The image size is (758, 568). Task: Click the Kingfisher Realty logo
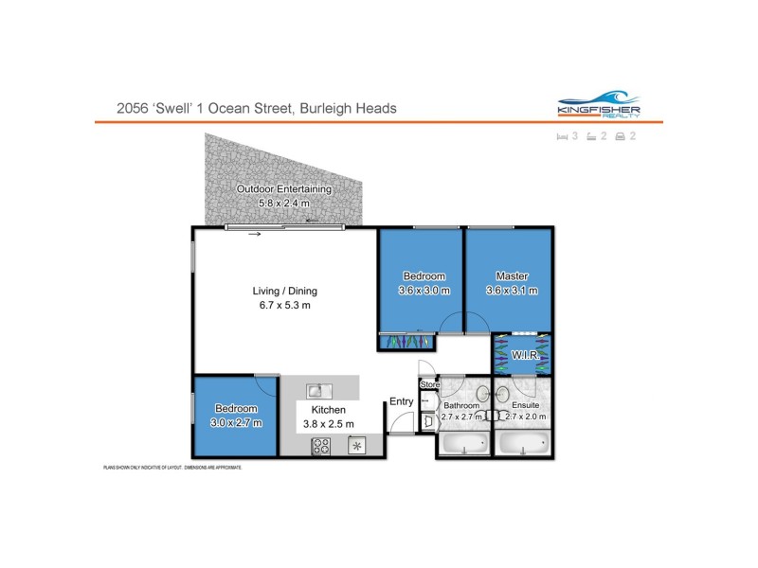(x=598, y=106)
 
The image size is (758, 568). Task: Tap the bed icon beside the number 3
(x=562, y=136)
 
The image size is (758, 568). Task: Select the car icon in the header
(x=621, y=136)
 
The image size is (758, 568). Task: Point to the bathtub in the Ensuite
(x=522, y=443)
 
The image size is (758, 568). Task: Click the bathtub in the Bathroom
(x=465, y=443)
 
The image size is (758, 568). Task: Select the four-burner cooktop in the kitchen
(x=321, y=446)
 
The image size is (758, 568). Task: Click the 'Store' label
(x=430, y=385)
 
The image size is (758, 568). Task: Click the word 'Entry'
(x=401, y=401)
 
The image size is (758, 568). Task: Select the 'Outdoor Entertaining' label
(x=284, y=189)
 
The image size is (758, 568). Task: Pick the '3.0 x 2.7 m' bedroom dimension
(x=236, y=423)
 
